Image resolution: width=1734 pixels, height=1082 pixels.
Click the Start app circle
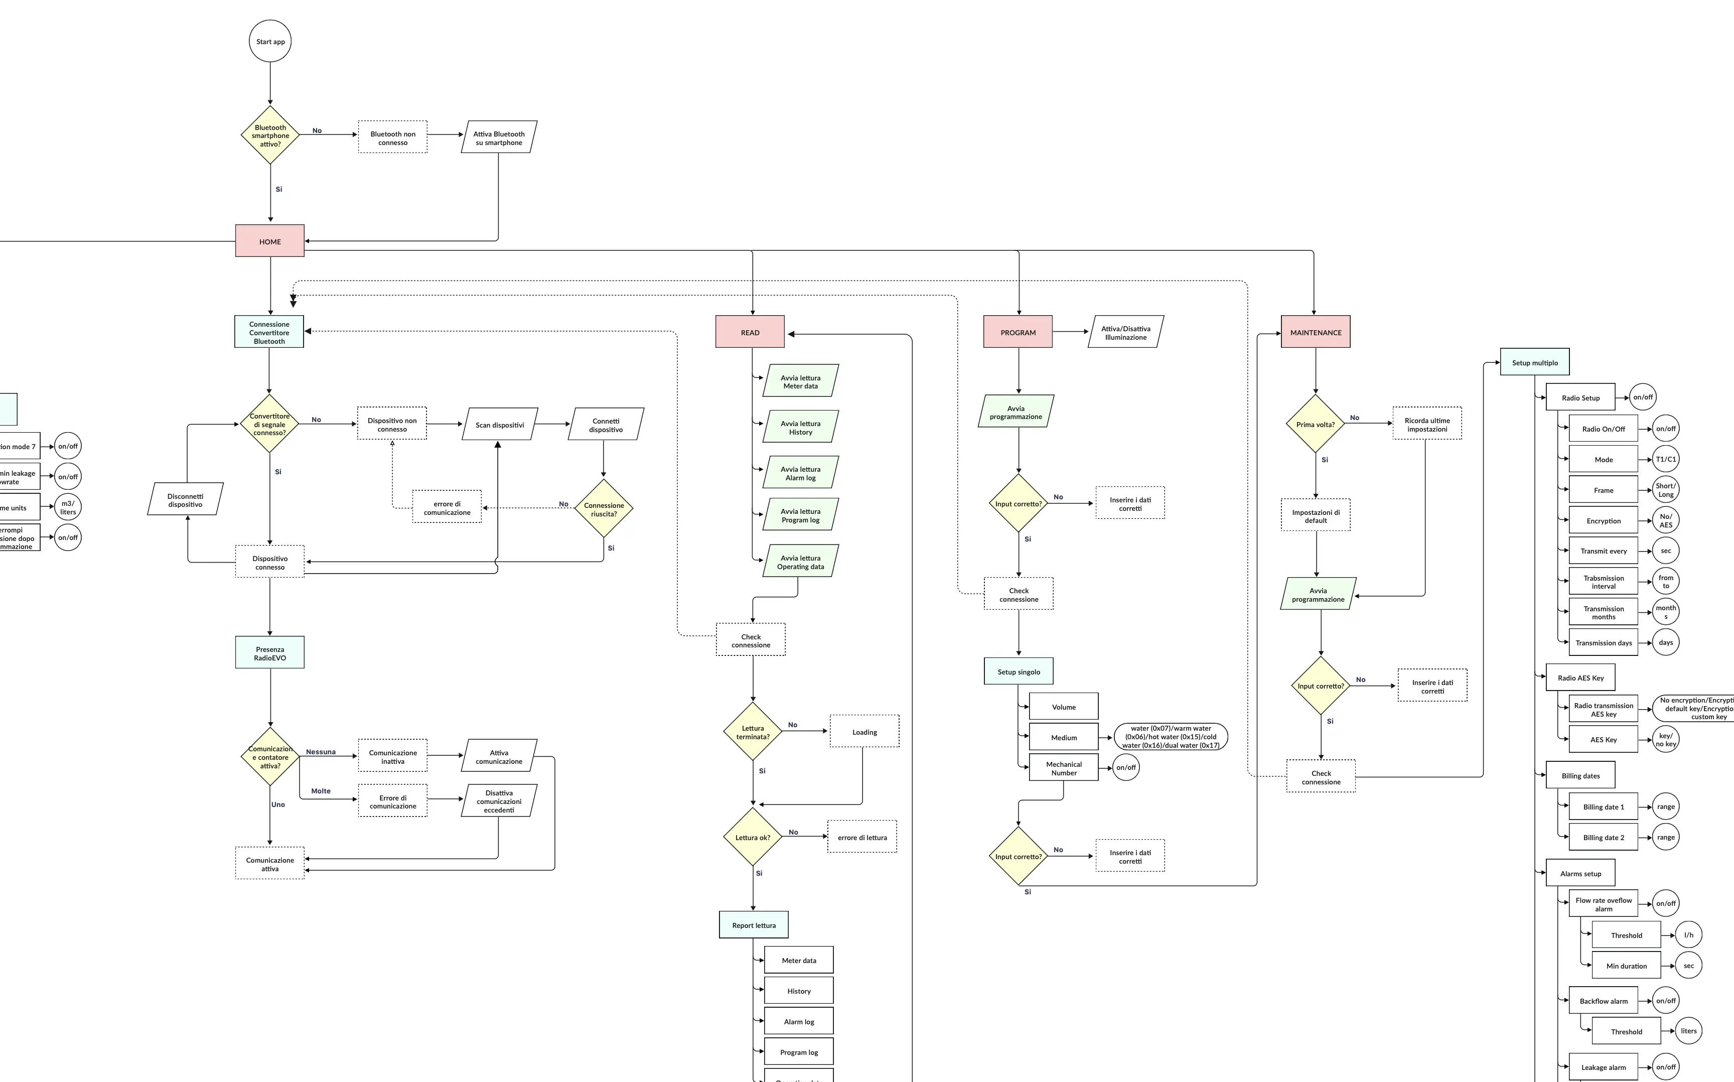click(270, 42)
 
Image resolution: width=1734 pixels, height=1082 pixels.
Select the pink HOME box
click(270, 241)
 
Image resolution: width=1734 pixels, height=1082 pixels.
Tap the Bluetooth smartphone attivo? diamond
click(270, 136)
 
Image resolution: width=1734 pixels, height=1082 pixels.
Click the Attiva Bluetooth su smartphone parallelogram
click(499, 138)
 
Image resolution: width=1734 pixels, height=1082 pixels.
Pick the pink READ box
click(750, 332)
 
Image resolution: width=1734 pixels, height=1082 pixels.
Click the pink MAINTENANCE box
click(1315, 332)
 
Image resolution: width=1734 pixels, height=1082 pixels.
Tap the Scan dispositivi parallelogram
click(499, 425)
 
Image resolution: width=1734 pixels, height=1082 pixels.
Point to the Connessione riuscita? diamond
click(604, 509)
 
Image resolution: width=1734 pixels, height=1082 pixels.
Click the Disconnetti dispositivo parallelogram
click(185, 499)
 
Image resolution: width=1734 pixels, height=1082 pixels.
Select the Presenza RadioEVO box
click(270, 652)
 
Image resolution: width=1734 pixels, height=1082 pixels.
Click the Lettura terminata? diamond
click(753, 731)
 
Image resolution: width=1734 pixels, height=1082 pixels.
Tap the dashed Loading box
click(864, 731)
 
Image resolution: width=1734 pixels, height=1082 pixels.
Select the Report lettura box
click(753, 924)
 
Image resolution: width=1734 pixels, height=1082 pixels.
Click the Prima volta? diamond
click(1315, 424)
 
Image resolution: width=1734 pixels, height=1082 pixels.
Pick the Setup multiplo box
click(1534, 362)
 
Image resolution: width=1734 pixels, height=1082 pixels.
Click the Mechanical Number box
click(1063, 768)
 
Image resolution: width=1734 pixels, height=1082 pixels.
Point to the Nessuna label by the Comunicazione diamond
click(321, 751)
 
